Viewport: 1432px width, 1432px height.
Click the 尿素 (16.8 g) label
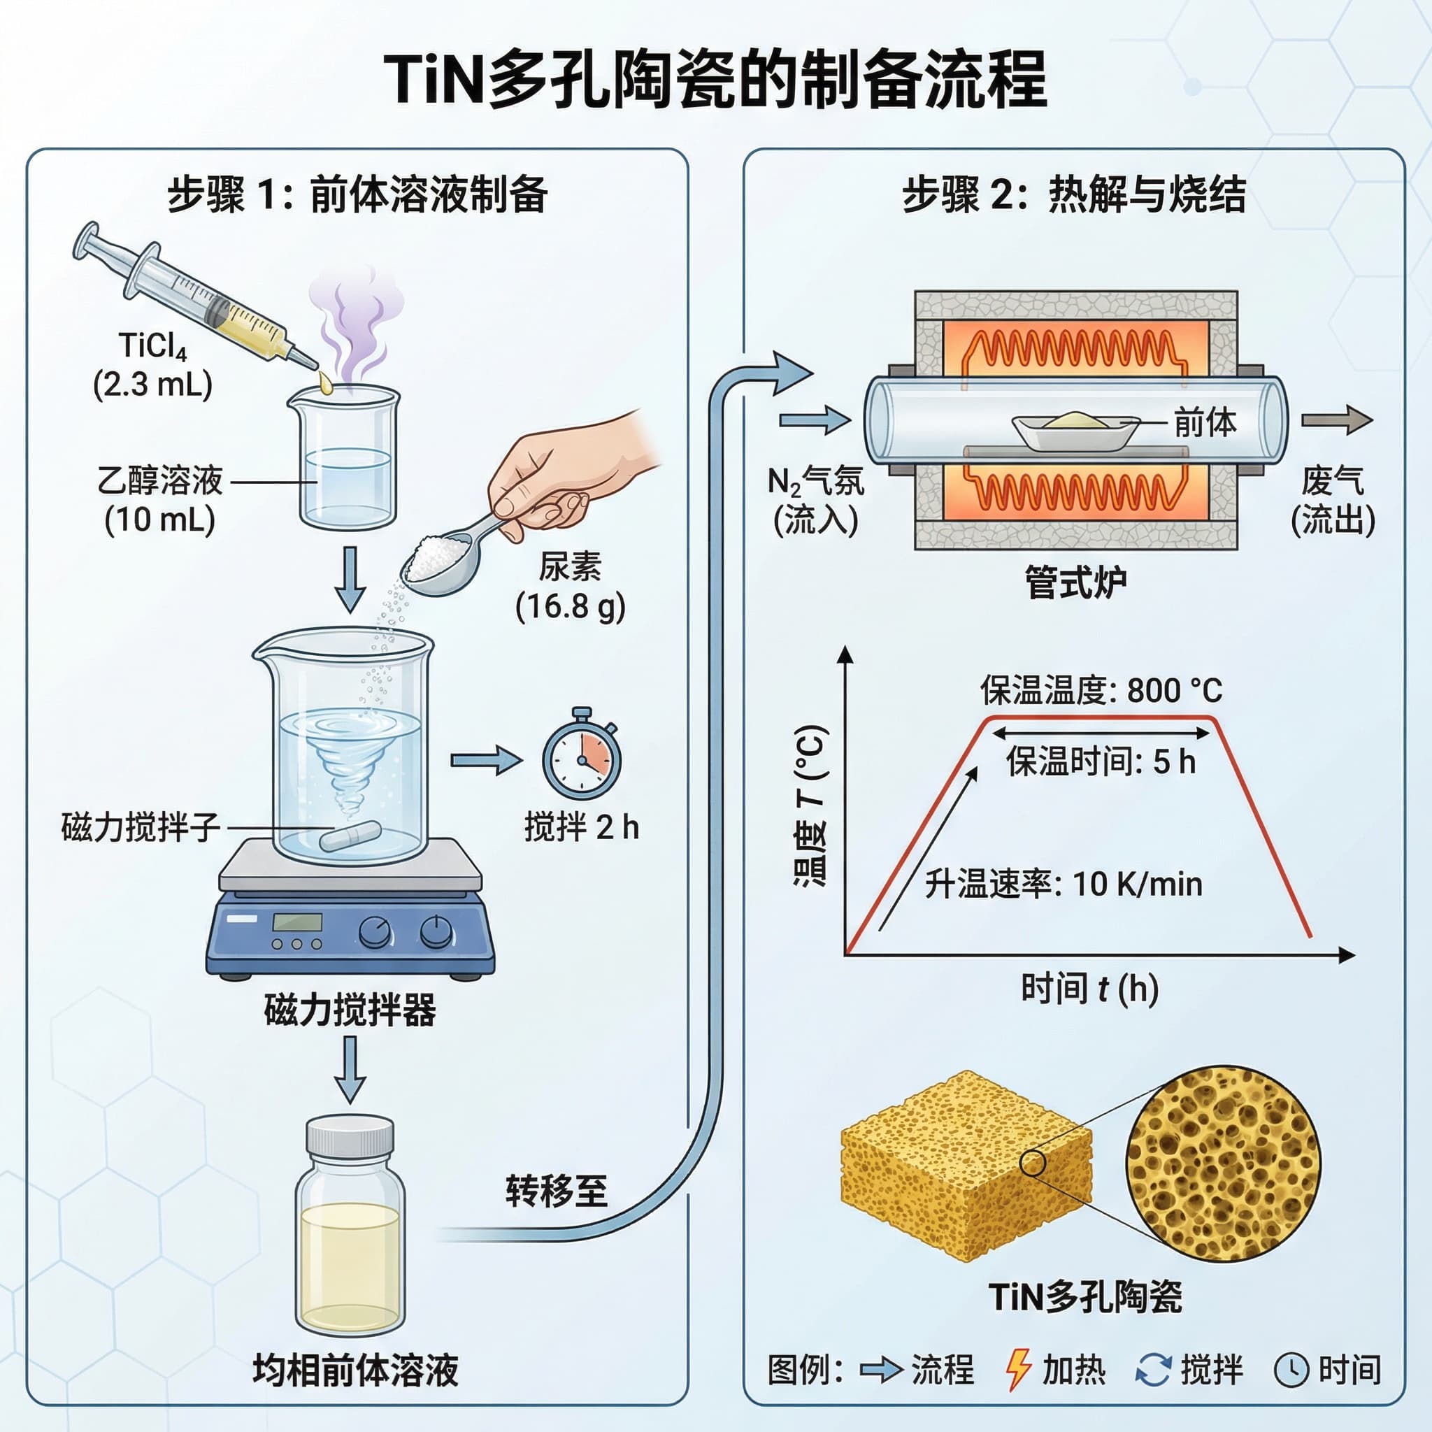(x=570, y=586)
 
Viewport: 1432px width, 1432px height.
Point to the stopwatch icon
(x=581, y=760)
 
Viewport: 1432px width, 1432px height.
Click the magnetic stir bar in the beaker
(x=350, y=836)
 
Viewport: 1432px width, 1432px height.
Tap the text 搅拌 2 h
(x=581, y=827)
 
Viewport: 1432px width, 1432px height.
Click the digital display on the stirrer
(x=297, y=922)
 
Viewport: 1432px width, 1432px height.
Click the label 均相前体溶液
(x=355, y=1370)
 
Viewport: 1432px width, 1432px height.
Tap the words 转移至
(x=556, y=1191)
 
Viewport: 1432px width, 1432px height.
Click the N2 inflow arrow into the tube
(x=814, y=420)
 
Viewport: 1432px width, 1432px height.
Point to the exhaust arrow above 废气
(x=1336, y=420)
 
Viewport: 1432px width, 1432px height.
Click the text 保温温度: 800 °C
(x=1101, y=691)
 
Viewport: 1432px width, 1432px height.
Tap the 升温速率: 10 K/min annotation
(x=1063, y=885)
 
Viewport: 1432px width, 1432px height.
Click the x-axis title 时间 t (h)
(x=1089, y=989)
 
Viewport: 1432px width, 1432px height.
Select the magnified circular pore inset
(x=1223, y=1163)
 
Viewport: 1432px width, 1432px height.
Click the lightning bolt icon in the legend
(x=1017, y=1369)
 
